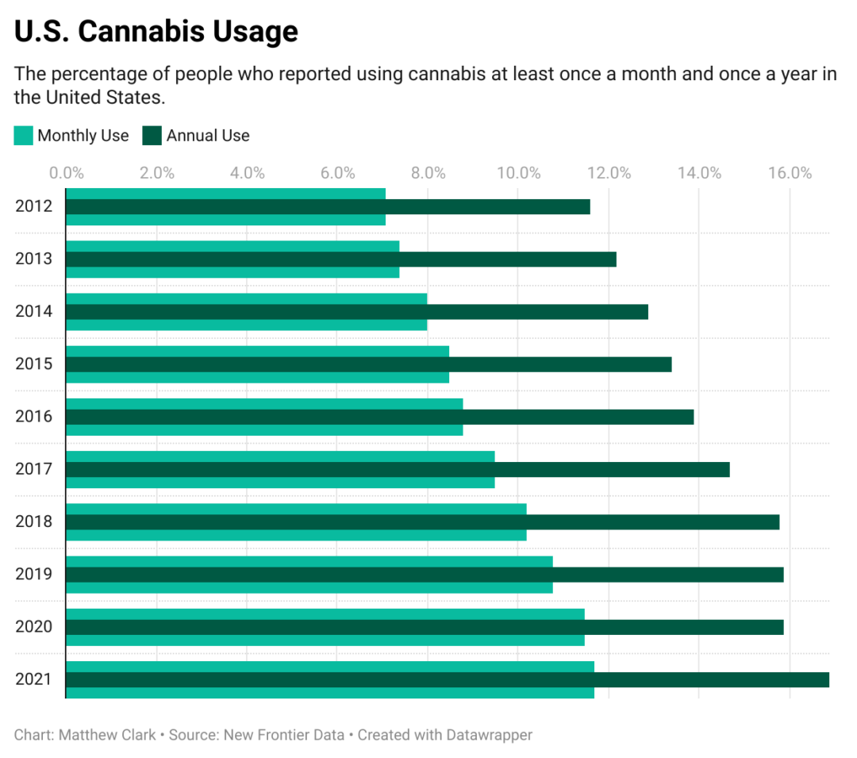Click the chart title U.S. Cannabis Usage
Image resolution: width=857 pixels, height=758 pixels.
click(156, 31)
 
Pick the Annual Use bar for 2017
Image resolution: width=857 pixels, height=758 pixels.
click(397, 469)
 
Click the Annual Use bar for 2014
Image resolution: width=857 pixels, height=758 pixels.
click(356, 312)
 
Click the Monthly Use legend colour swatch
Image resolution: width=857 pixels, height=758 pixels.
click(24, 136)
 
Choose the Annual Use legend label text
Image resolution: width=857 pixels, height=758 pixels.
click(208, 136)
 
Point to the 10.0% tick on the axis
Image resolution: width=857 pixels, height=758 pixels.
click(518, 173)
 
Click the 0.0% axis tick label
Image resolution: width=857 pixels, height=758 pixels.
click(67, 173)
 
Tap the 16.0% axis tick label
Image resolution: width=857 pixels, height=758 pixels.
click(790, 173)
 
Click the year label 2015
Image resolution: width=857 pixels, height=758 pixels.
click(33, 364)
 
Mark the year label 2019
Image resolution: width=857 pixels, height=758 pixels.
click(33, 574)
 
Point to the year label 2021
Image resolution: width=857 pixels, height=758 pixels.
click(33, 679)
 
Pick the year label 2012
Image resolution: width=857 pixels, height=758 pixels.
click(33, 206)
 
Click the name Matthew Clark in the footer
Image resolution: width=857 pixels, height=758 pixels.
click(107, 735)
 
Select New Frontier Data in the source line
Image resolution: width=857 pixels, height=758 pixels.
click(283, 735)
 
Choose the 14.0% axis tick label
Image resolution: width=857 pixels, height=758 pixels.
click(699, 173)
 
